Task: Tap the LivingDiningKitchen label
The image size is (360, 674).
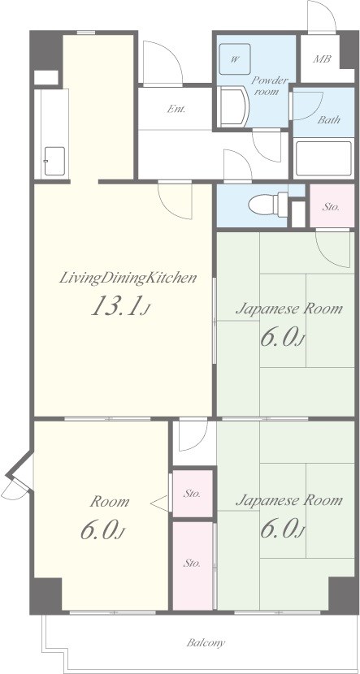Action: click(128, 278)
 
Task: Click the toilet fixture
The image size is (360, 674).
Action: click(268, 204)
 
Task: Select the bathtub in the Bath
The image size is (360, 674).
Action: click(324, 158)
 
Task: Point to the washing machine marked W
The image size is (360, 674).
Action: click(235, 60)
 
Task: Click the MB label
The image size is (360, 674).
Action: click(322, 59)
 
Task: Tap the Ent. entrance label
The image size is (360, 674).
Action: click(176, 109)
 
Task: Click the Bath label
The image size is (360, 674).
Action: click(329, 119)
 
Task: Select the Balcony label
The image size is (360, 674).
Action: click(206, 643)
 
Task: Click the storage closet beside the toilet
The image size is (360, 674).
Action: click(332, 206)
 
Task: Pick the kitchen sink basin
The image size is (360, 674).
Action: click(55, 162)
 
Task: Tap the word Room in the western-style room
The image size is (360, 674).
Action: click(109, 502)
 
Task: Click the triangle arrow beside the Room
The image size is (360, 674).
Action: click(160, 503)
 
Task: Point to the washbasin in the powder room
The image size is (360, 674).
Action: click(232, 106)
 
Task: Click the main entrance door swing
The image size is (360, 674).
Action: click(163, 63)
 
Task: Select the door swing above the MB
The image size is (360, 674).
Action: click(321, 17)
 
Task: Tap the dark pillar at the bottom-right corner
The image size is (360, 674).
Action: click(343, 595)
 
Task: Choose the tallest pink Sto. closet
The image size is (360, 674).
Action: click(193, 565)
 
